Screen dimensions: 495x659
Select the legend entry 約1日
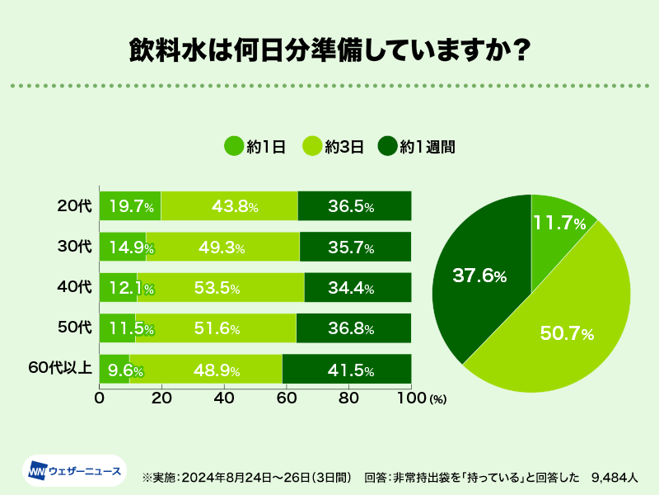(255, 147)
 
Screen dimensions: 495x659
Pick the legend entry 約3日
(333, 147)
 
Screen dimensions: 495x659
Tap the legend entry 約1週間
(416, 147)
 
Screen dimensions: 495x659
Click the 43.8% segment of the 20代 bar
(229, 205)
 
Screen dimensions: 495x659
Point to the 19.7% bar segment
(130, 205)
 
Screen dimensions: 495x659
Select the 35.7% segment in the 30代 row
(355, 247)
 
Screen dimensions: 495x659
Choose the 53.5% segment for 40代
(220, 288)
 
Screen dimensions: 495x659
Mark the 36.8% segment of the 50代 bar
(353, 328)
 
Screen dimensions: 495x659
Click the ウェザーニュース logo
(74, 471)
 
